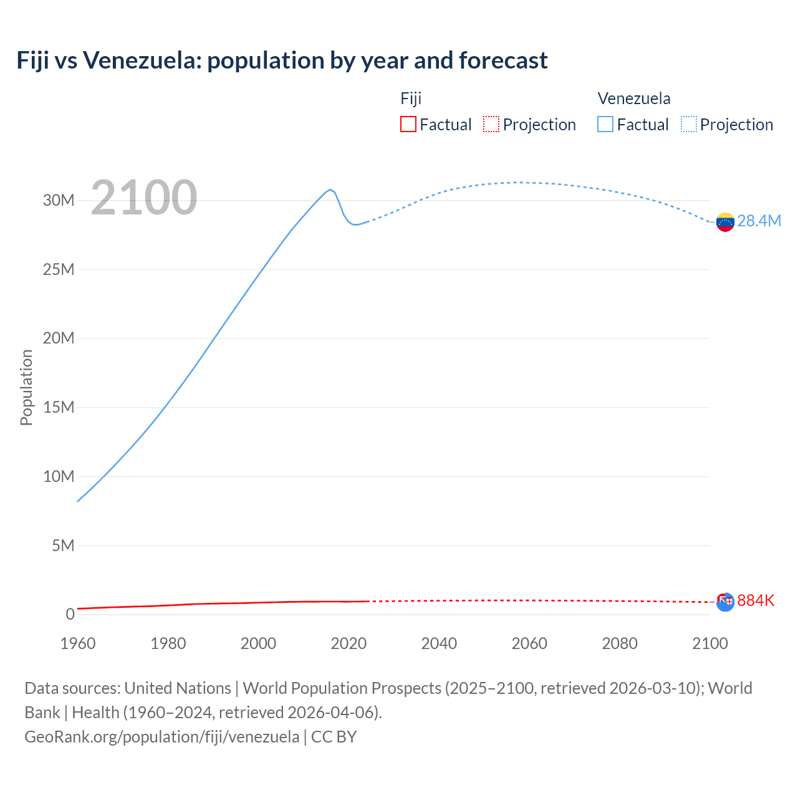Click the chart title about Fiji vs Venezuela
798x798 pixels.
pos(282,60)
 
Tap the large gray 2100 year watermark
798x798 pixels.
pos(144,198)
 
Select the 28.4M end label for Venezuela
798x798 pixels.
pos(759,221)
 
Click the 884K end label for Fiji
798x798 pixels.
pos(756,600)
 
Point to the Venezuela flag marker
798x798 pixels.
pos(725,222)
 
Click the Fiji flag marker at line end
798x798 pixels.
pos(725,602)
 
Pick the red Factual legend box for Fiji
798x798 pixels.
pos(408,125)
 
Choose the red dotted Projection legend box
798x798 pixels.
pos(491,125)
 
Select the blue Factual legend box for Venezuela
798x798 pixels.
pos(605,125)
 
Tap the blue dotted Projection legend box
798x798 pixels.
pos(689,125)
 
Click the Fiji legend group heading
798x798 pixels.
pos(411,99)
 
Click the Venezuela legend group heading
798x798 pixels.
pos(634,99)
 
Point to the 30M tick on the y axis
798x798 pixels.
pos(59,201)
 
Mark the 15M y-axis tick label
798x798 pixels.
pos(59,408)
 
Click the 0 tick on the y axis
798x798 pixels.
pos(70,615)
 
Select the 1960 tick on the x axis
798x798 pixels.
pos(78,643)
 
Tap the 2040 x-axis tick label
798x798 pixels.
pos(439,643)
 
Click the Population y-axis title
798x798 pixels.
pos(26,387)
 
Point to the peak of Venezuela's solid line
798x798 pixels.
pos(330,190)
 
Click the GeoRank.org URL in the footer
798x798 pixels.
pos(161,737)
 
